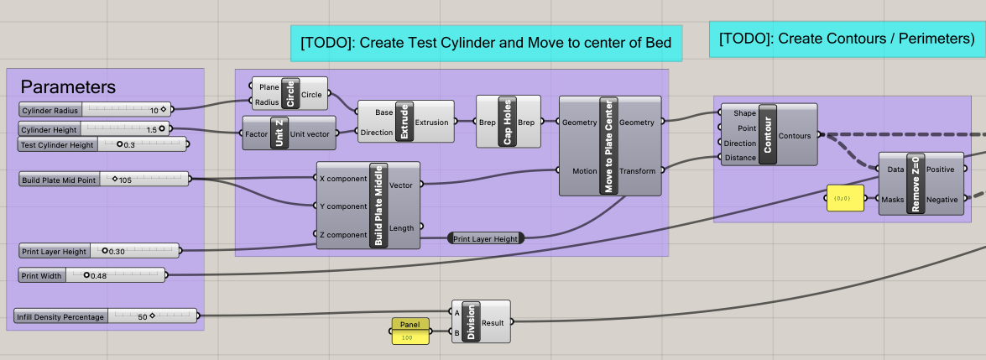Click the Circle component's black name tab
pos(290,94)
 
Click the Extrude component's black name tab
pos(404,122)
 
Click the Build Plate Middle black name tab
pos(378,205)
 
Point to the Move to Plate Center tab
pos(608,146)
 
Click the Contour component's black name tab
pos(767,134)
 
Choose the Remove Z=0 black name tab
pos(914,183)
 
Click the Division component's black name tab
pos(470,321)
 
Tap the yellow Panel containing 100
pos(410,331)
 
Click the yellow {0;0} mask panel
pos(845,199)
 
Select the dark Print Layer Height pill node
pos(486,238)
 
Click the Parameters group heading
pos(68,87)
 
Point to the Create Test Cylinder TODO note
pos(486,43)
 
